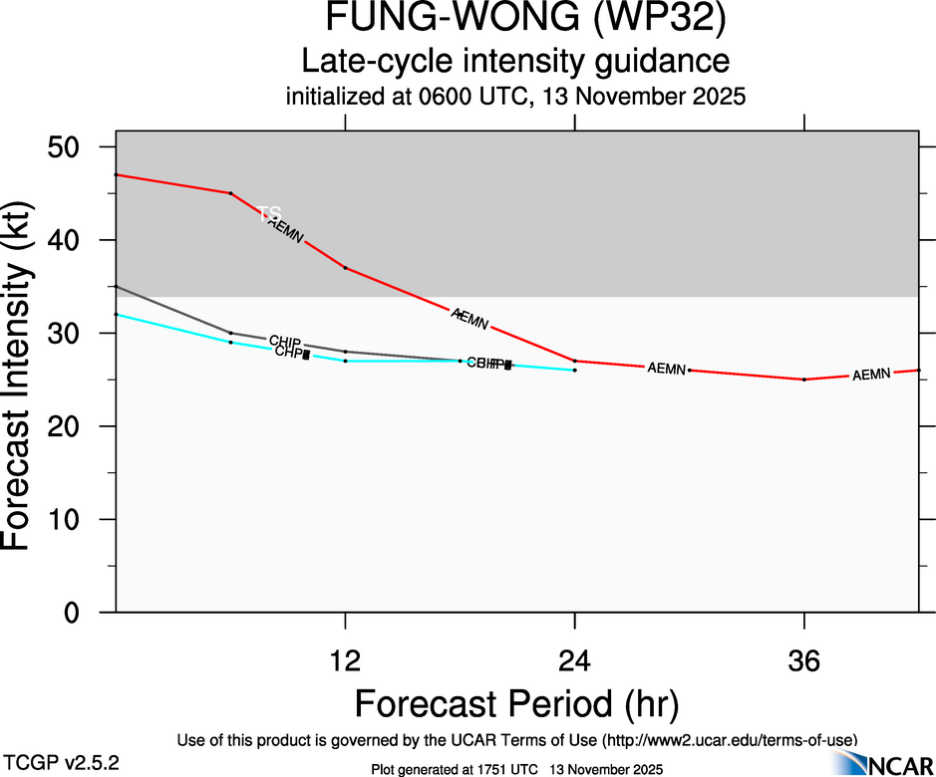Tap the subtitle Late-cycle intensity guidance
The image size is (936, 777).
coord(514,61)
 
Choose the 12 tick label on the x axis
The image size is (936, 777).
coord(345,662)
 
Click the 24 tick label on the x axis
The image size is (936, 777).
coord(574,662)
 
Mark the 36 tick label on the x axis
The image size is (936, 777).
coord(803,662)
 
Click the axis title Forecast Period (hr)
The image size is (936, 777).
coord(516,704)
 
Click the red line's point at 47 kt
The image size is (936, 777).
coord(117,174)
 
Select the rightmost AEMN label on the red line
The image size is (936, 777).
coord(871,375)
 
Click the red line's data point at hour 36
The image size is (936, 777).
coord(803,380)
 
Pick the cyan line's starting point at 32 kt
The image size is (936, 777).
coord(117,315)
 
